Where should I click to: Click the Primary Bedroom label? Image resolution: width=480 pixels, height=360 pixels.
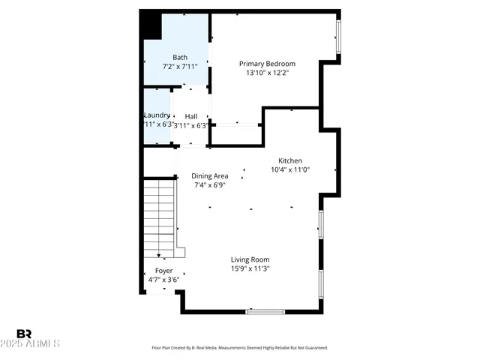267,64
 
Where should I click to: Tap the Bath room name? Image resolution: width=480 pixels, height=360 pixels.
180,58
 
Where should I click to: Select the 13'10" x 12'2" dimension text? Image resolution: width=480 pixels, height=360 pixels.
267,73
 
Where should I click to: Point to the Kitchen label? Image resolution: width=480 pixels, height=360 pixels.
289,160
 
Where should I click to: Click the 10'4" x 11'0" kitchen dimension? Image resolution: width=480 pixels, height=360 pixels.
289,169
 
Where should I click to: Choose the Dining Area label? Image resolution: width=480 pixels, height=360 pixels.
210,176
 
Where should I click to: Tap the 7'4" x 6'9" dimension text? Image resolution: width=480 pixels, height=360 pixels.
211,185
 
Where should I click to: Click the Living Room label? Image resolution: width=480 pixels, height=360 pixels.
250,259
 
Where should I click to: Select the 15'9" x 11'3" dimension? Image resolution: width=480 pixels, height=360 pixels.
250,268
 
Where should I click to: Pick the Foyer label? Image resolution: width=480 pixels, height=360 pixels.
163,271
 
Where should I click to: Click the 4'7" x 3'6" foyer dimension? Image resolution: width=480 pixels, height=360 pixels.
163,280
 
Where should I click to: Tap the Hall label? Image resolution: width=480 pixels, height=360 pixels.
191,116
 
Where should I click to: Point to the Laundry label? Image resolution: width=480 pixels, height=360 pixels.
157,115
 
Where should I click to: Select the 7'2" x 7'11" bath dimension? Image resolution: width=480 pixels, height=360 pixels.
180,67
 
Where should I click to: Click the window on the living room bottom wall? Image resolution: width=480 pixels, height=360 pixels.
265,311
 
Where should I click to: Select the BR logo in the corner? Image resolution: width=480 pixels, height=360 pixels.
24,334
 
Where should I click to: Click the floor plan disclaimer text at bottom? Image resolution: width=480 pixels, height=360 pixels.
240,348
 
